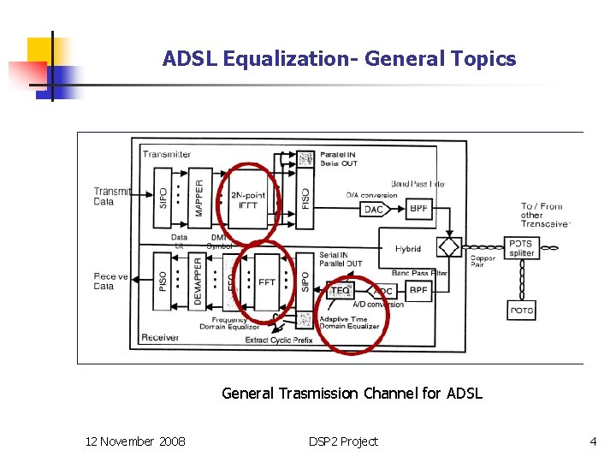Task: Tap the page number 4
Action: coord(593,441)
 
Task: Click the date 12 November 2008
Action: coord(135,441)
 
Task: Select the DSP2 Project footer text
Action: coord(343,441)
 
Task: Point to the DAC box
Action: coord(374,209)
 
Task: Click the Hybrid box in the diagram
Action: coord(408,249)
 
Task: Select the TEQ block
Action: coord(340,291)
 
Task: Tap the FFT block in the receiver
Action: coord(268,281)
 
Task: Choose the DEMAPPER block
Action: coord(198,281)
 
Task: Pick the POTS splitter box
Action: coord(521,248)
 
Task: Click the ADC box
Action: coord(383,291)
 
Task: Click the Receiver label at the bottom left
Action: coord(161,338)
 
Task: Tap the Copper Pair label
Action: coord(483,261)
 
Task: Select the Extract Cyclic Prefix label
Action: coord(279,340)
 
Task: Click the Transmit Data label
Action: coord(110,197)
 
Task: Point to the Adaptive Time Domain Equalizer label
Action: coord(349,323)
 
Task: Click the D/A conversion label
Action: coord(371,195)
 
